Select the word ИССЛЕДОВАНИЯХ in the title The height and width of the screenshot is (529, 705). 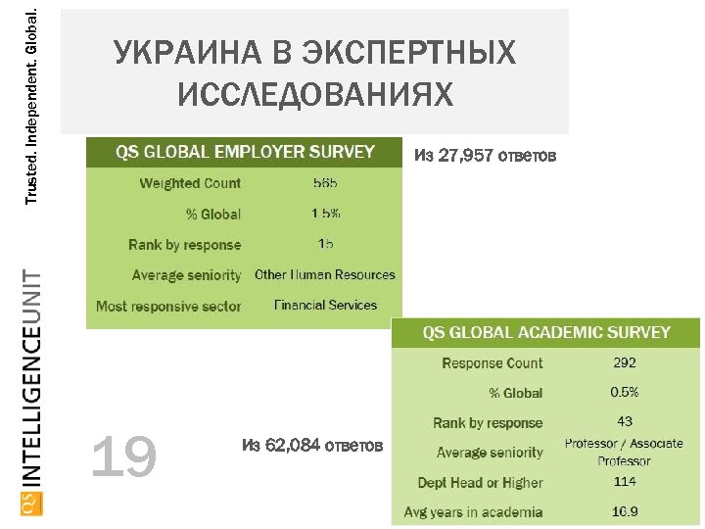coord(315,94)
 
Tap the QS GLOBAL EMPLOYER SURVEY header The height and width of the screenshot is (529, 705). coord(245,152)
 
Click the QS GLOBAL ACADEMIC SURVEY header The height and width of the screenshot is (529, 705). coord(546,332)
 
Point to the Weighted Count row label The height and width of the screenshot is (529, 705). coord(190,183)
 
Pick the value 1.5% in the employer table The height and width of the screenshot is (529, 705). coord(326,214)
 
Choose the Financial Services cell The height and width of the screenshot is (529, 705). coord(325,305)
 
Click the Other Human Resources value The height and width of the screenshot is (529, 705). coord(325,274)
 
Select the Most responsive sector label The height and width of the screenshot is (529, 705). coord(168,306)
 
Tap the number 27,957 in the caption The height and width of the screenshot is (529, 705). coord(466,155)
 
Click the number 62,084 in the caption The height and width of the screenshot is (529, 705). coord(293,447)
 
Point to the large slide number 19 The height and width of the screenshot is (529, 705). coord(123,457)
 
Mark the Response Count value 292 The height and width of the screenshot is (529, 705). coord(625,362)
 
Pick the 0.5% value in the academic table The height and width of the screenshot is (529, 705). coord(625,392)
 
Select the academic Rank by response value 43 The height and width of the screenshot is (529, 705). coord(625,421)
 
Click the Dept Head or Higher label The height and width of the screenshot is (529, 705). coord(480,482)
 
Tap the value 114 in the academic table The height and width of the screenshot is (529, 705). coord(625,481)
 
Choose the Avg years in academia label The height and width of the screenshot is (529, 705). coord(473,511)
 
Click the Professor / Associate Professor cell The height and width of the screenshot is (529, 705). coord(624,452)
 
